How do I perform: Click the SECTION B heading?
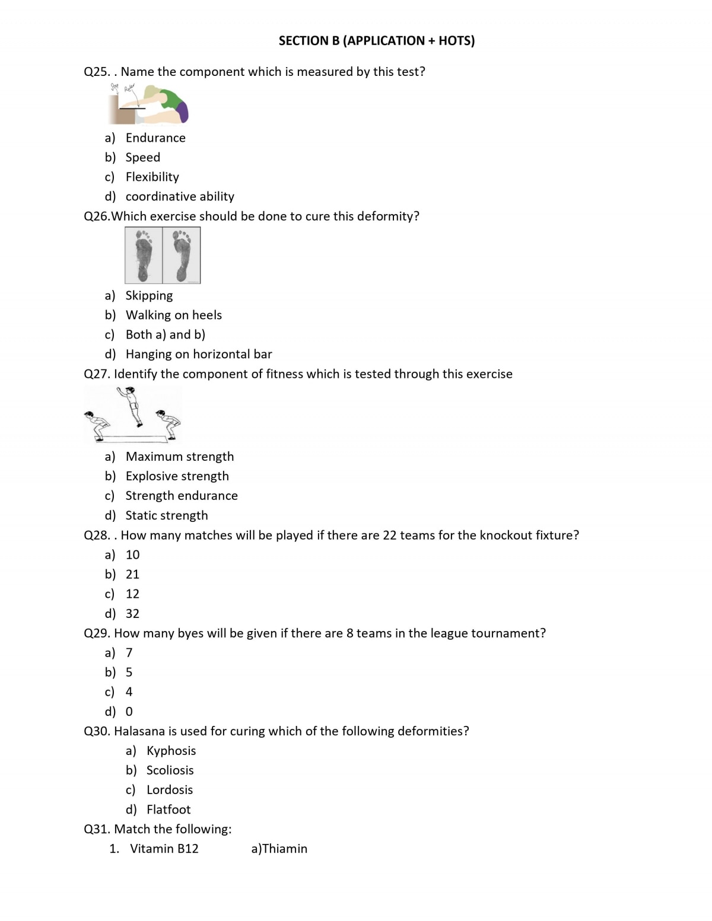376,41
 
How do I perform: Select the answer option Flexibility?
152,177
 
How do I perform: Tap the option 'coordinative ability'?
180,196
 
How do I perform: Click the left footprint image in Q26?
144,255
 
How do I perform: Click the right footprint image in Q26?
182,255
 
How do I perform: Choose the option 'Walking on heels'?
173,315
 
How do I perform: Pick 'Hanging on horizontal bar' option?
199,354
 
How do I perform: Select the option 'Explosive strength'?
177,476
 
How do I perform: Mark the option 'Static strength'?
167,515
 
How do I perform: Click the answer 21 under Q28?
132,574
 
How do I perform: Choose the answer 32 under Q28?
132,613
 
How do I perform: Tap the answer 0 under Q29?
129,711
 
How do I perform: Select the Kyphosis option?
171,750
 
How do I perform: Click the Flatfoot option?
169,810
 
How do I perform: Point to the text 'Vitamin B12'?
164,849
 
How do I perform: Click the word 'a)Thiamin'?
279,849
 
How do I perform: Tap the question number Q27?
97,374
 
